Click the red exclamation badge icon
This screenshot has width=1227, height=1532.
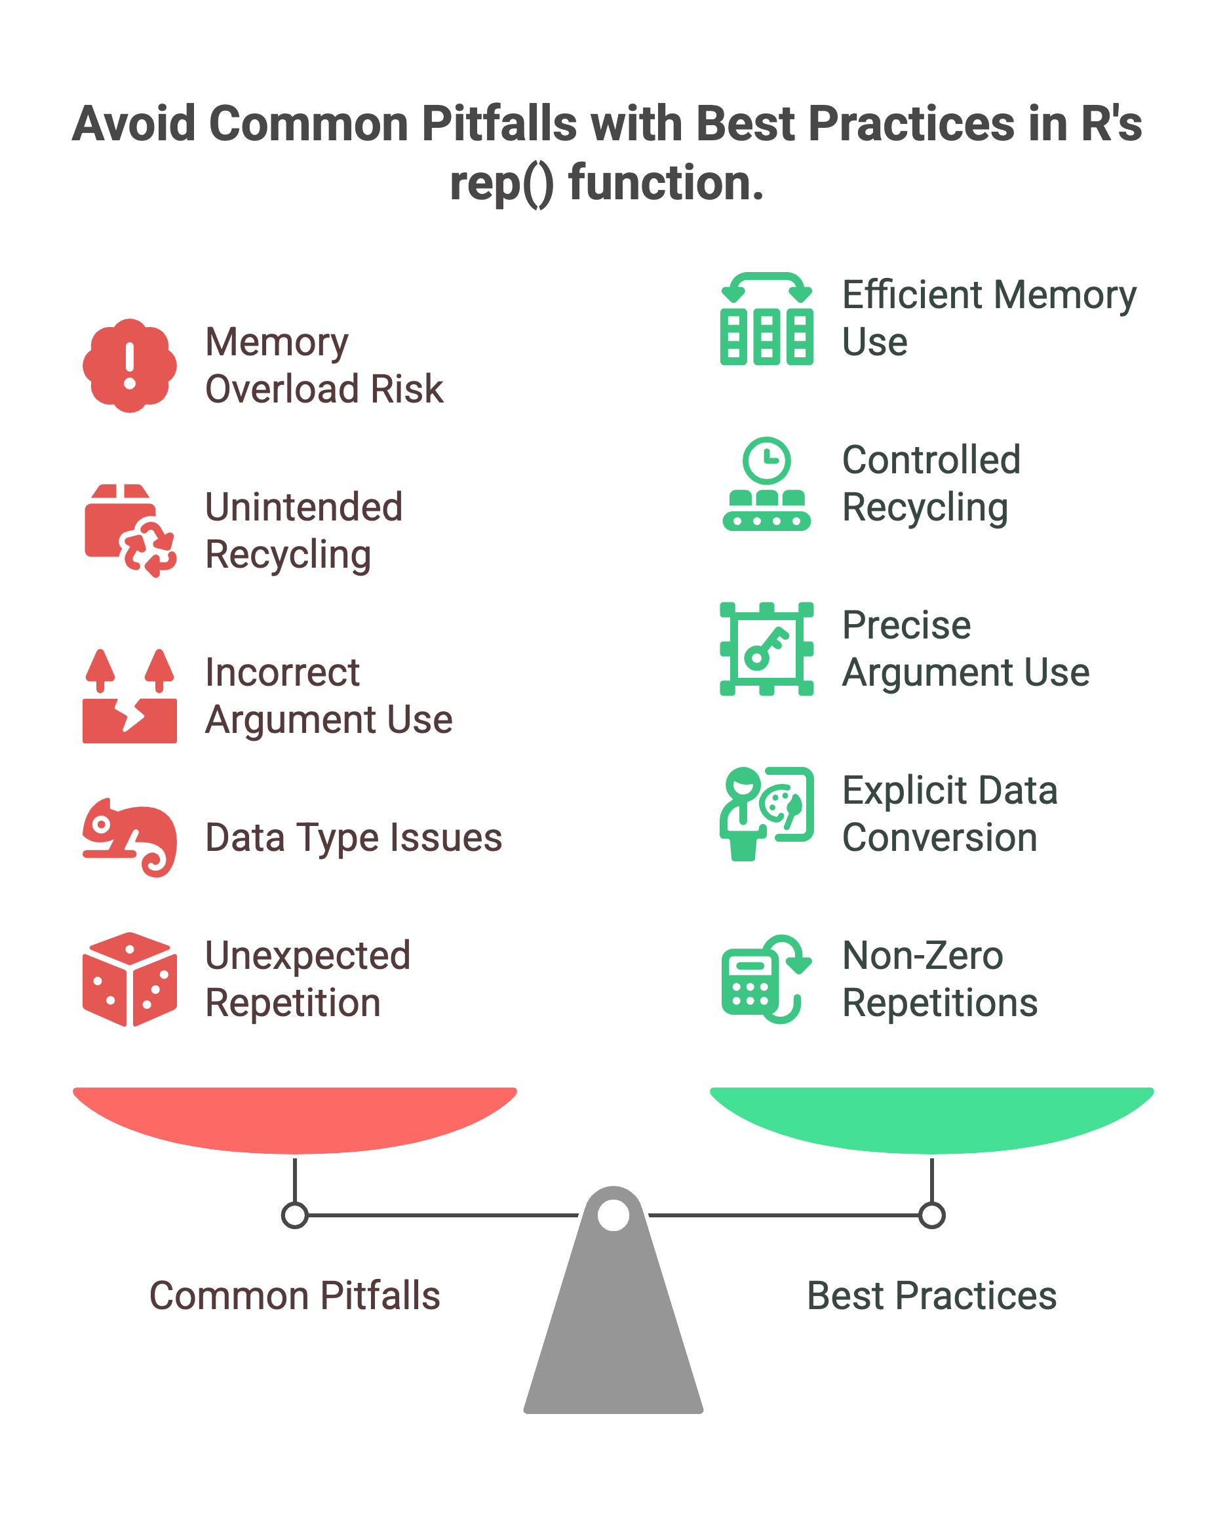pyautogui.click(x=129, y=365)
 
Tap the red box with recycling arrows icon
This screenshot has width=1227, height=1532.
pyautogui.click(x=130, y=531)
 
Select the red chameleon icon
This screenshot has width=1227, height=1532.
pyautogui.click(x=129, y=837)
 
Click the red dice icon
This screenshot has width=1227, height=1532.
pyautogui.click(x=129, y=979)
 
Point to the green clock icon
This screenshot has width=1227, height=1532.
pyautogui.click(x=767, y=460)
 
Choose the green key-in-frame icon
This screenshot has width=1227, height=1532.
pyautogui.click(x=767, y=649)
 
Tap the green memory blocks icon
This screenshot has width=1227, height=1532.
pyautogui.click(x=767, y=319)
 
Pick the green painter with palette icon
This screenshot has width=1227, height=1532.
pyautogui.click(x=767, y=814)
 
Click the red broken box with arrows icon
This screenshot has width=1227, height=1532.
pyautogui.click(x=129, y=696)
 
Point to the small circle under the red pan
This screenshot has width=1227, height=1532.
pyautogui.click(x=295, y=1215)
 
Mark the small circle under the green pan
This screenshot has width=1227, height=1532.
pyautogui.click(x=931, y=1215)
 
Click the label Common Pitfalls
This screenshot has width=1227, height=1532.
pyautogui.click(x=295, y=1295)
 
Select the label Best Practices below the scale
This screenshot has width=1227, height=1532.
pyautogui.click(x=931, y=1295)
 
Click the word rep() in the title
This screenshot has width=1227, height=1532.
pyautogui.click(x=501, y=184)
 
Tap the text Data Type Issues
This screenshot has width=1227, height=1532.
pyautogui.click(x=354, y=837)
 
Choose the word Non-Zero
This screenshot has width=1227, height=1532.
pyautogui.click(x=922, y=955)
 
